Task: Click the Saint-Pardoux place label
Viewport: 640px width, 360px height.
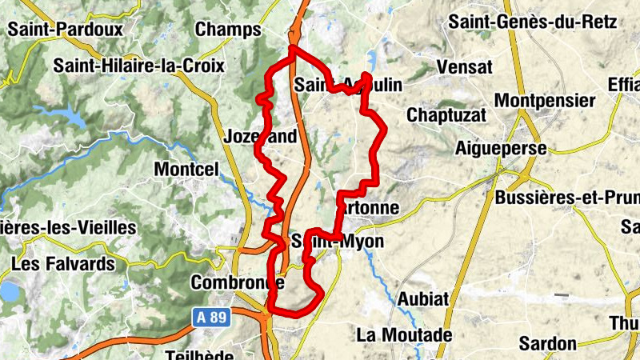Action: (x=66, y=30)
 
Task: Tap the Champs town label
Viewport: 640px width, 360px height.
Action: (x=228, y=30)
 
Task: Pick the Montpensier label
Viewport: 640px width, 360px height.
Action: (x=546, y=101)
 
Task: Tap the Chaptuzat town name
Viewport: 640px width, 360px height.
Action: (x=446, y=115)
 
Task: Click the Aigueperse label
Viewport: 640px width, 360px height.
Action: (x=500, y=148)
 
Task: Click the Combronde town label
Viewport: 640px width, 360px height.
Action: (x=238, y=282)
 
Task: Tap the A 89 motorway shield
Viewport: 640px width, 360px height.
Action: (x=212, y=318)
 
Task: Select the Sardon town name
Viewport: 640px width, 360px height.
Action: (x=548, y=343)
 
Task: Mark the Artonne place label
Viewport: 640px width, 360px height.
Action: (x=370, y=208)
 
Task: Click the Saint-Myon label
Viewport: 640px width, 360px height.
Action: (x=338, y=241)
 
